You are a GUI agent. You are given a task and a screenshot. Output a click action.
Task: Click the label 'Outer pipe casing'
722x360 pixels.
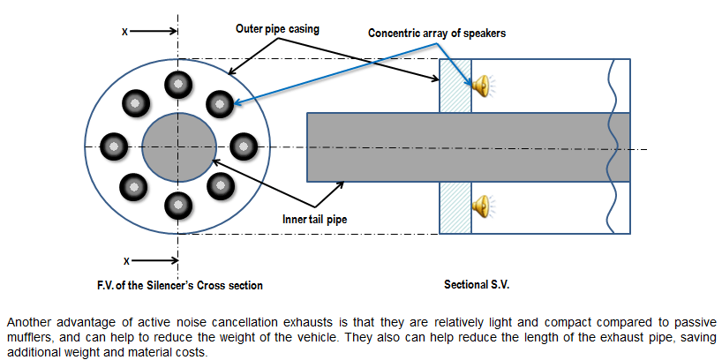point(277,28)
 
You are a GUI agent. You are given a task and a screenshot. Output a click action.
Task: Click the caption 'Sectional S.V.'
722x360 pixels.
point(477,285)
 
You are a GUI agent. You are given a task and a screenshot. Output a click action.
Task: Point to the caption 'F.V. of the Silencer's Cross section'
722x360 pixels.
point(180,285)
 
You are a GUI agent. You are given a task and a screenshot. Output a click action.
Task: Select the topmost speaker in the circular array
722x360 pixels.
point(177,84)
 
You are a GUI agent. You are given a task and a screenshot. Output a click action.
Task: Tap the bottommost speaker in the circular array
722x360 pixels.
point(177,206)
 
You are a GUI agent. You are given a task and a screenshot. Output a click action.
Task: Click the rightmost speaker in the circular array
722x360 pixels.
point(242,145)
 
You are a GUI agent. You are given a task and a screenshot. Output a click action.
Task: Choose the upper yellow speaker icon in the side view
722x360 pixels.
point(481,86)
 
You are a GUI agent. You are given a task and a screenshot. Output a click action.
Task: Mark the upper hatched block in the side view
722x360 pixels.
point(455,86)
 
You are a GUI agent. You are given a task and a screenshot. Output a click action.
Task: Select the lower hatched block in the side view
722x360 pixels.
point(455,209)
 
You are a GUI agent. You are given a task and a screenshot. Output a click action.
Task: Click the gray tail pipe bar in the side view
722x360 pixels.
point(468,148)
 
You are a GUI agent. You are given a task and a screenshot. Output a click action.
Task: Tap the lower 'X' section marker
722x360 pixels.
point(126,261)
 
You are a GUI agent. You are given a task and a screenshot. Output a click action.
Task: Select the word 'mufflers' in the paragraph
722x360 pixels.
point(27,337)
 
